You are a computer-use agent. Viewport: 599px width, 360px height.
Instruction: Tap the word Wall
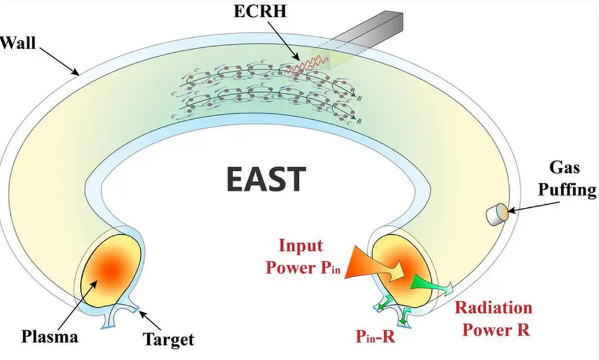[x=17, y=44]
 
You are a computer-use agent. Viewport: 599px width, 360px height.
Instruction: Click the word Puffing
[x=566, y=191]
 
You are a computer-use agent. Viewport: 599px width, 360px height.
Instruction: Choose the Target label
[x=168, y=340]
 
